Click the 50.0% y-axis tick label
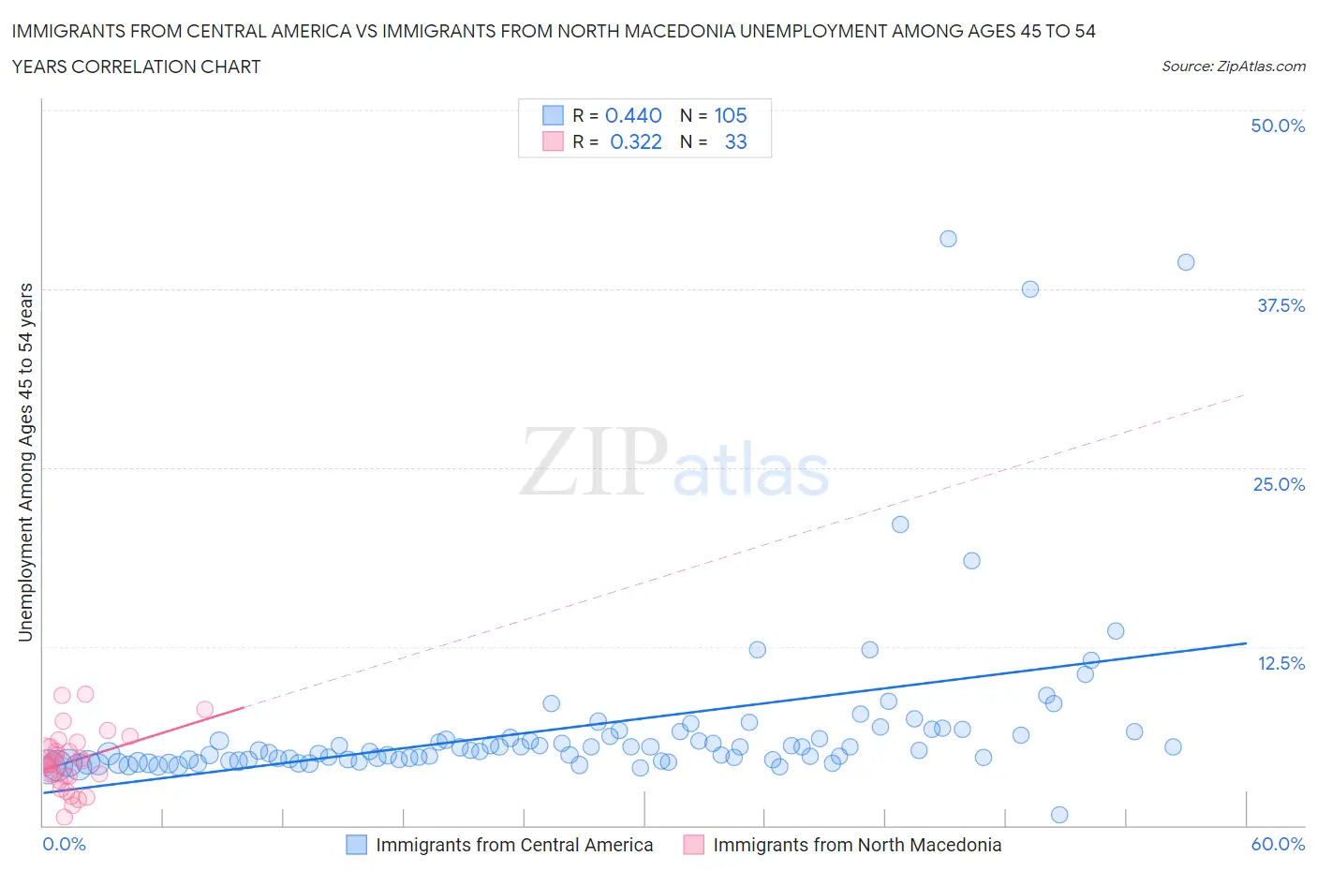[x=1278, y=125]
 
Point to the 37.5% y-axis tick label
[x=1280, y=305]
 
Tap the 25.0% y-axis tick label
[x=1279, y=484]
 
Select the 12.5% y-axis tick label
[x=1280, y=663]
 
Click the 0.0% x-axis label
[x=64, y=844]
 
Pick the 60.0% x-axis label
[x=1278, y=844]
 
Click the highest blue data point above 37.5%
[x=948, y=239]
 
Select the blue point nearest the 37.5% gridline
[x=1030, y=289]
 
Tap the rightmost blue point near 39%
[x=1186, y=262]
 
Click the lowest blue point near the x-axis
[x=1059, y=815]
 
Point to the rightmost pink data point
[x=204, y=709]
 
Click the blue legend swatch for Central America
[x=356, y=845]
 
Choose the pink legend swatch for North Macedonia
[x=693, y=845]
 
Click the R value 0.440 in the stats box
[x=633, y=115]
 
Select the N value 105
[x=731, y=115]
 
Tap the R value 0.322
[x=635, y=141]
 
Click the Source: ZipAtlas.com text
[x=1233, y=66]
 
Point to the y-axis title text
[x=25, y=463]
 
